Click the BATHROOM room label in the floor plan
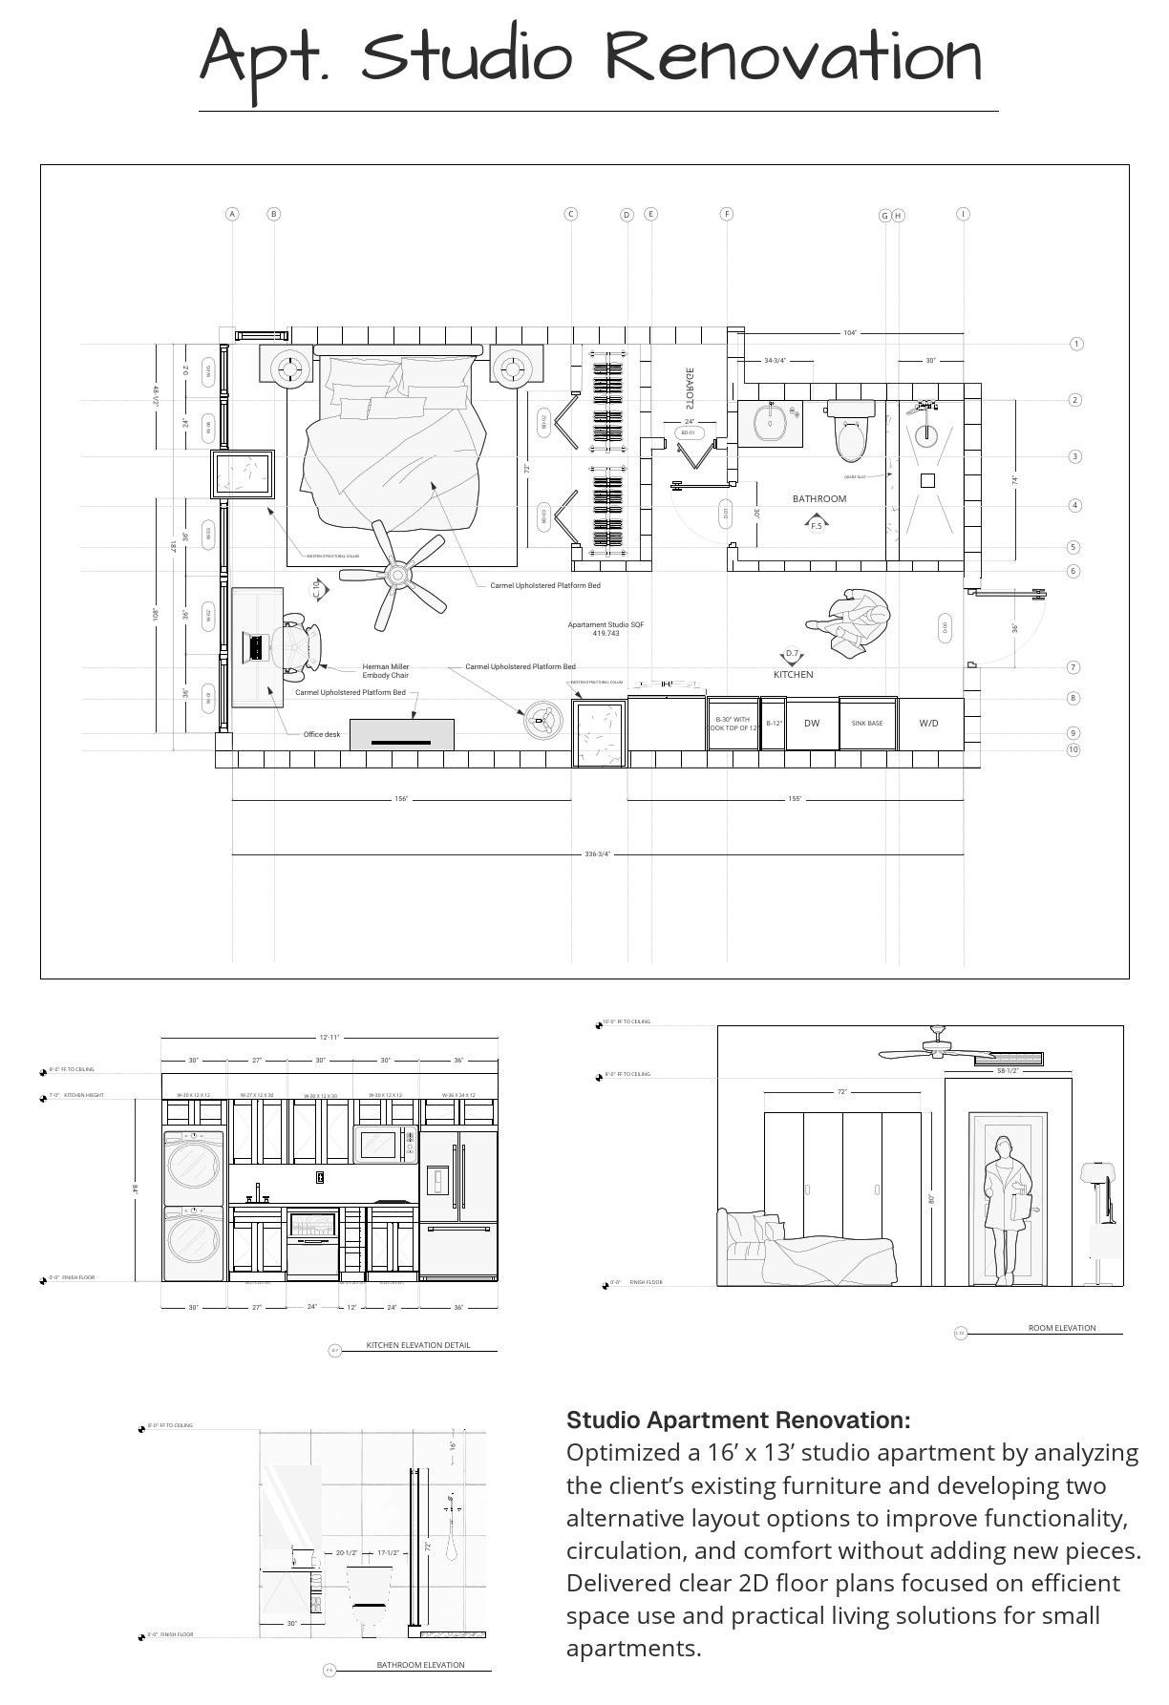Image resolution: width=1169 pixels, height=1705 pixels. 818,498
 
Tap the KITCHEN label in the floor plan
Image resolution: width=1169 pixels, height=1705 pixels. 793,674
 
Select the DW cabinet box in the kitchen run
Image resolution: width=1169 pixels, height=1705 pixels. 812,724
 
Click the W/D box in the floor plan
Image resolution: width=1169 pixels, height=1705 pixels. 928,724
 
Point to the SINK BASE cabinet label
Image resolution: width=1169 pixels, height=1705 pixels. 867,724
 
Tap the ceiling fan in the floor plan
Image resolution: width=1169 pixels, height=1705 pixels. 397,575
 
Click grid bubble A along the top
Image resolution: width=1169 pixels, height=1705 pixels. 232,214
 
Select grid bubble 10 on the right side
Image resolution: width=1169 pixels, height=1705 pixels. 1073,749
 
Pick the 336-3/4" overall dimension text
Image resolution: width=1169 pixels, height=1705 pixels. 597,854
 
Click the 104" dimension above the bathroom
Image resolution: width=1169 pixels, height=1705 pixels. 850,333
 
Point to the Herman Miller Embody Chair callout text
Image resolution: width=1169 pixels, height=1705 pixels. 385,671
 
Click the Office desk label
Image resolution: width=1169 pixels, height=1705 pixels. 322,734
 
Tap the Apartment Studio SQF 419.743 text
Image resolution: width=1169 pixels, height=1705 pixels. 606,628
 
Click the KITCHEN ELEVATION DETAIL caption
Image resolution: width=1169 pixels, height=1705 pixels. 418,1345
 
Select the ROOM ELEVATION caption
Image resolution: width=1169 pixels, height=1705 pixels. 1061,1328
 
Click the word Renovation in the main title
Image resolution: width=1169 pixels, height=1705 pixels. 793,57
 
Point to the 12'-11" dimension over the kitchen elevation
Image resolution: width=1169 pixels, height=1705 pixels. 329,1037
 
